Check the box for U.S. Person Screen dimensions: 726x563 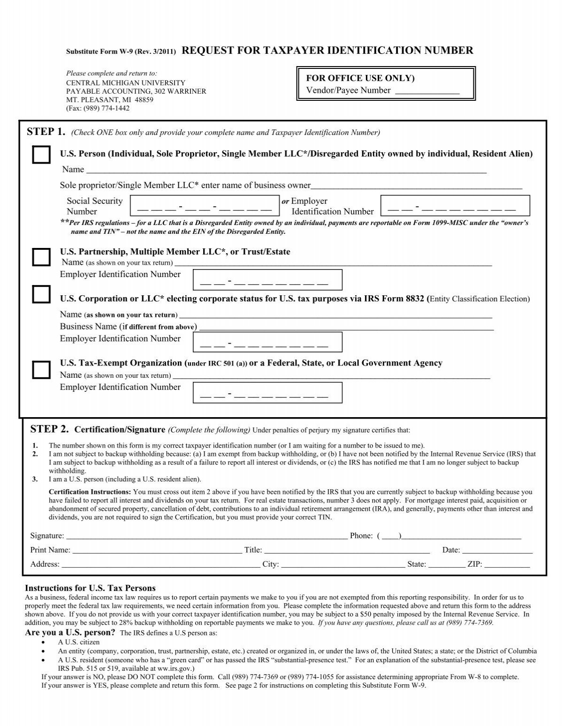[41, 154]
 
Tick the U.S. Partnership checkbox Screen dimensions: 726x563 [41, 257]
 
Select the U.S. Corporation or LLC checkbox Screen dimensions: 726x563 [41, 294]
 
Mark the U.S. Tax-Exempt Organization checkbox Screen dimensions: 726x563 [41, 369]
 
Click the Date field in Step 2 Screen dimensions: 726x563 [497, 551]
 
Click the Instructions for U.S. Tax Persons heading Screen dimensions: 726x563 [90, 588]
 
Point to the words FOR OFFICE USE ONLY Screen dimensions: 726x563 [360, 78]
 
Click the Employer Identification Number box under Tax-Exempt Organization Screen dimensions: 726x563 [267, 392]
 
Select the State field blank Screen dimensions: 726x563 [446, 565]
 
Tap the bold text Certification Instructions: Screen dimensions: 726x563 [90, 492]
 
